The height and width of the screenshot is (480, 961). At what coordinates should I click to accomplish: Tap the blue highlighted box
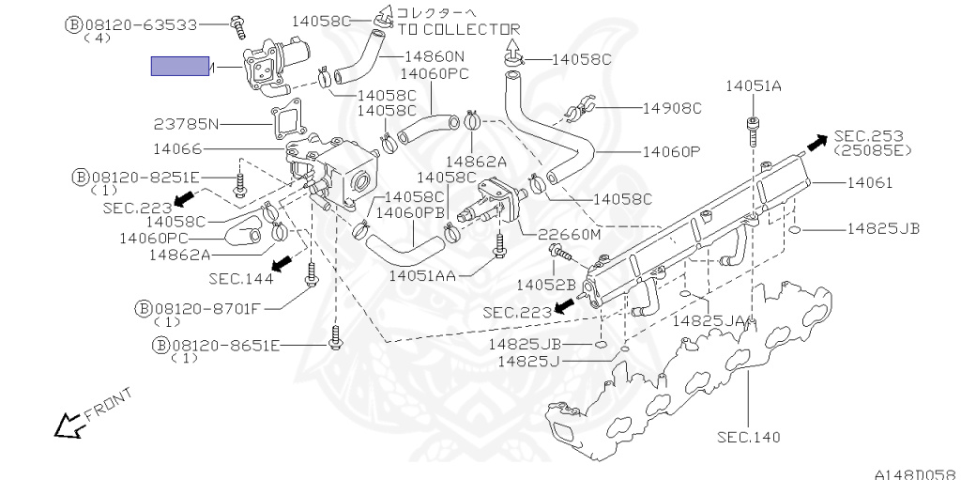pyautogui.click(x=180, y=66)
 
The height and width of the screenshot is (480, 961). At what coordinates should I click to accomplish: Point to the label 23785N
pyautogui.click(x=186, y=123)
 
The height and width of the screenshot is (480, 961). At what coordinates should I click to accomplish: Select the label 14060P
pyautogui.click(x=672, y=151)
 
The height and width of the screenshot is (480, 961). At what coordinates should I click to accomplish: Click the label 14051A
pyautogui.click(x=753, y=86)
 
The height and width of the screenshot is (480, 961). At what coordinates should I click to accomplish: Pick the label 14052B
pyautogui.click(x=545, y=284)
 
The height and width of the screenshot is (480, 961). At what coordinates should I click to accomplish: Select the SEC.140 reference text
pyautogui.click(x=748, y=437)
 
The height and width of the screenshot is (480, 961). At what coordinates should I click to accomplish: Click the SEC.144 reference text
pyautogui.click(x=241, y=278)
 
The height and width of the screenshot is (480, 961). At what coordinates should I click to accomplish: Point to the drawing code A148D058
pyautogui.click(x=914, y=473)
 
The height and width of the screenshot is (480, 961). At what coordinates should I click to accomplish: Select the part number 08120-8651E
pyautogui.click(x=225, y=345)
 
